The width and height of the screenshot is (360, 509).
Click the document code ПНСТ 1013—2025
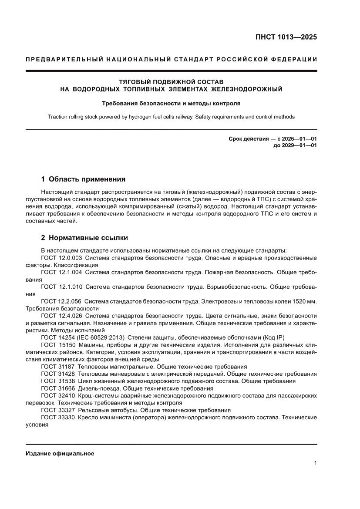pyautogui.click(x=286, y=37)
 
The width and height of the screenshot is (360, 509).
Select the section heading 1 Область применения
pyautogui.click(x=83, y=179)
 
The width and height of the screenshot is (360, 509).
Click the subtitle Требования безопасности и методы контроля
pyautogui.click(x=171, y=104)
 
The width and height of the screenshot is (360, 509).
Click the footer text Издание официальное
pyautogui.click(x=60, y=453)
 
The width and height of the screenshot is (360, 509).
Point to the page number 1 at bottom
pyautogui.click(x=315, y=463)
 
